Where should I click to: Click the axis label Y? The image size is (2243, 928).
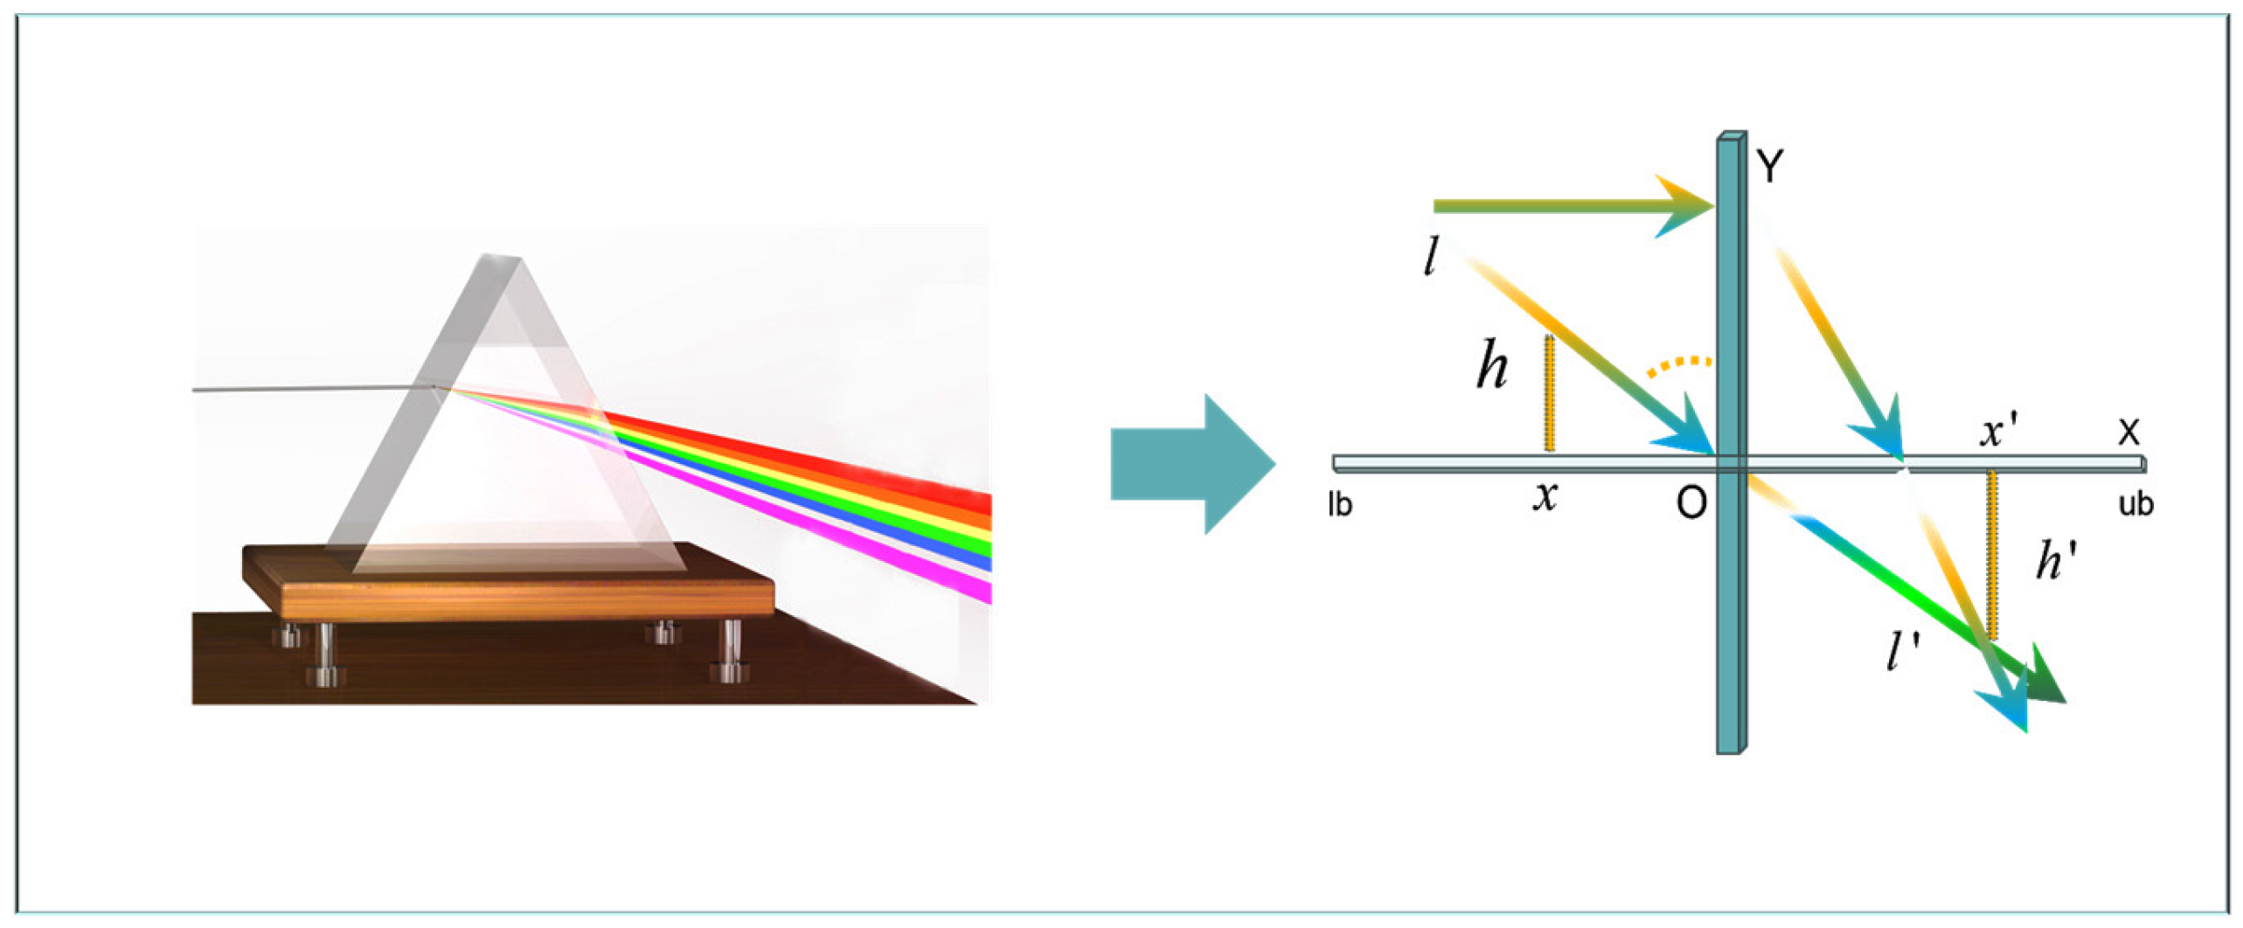coord(1770,165)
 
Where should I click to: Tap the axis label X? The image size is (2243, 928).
coord(2128,433)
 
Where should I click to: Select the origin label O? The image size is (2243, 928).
coord(1691,503)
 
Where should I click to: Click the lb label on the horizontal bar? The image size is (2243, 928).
coord(1339,504)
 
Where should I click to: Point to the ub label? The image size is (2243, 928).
coord(2135,504)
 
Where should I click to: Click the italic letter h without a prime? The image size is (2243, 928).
coord(1492,364)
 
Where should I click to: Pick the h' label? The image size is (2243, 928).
coord(2056,559)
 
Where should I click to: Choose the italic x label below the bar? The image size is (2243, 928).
coord(1545,496)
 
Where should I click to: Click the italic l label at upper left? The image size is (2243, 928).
coord(1430,257)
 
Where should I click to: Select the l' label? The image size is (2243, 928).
coord(1902,651)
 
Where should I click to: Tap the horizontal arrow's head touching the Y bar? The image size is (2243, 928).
coord(1683,207)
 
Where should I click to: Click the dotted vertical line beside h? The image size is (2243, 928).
coord(1549,393)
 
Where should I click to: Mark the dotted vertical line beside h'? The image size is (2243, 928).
coord(1991,555)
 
